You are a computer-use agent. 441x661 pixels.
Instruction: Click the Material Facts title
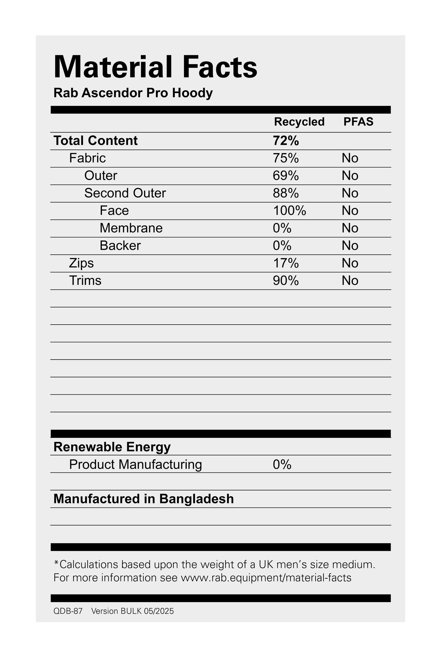pyautogui.click(x=155, y=67)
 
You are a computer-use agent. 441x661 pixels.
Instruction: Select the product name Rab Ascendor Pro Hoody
pyautogui.click(x=133, y=93)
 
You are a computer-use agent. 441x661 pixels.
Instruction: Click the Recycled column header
pyautogui.click(x=299, y=122)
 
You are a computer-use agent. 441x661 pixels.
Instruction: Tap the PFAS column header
pyautogui.click(x=358, y=122)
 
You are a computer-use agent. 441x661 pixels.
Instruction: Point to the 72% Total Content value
pyautogui.click(x=286, y=141)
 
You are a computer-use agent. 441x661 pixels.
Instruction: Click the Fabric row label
pyautogui.click(x=87, y=158)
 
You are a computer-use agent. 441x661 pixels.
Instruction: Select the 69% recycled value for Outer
pyautogui.click(x=286, y=176)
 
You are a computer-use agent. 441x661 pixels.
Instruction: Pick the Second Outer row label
pyautogui.click(x=125, y=193)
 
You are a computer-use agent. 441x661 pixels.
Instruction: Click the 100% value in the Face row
pyautogui.click(x=289, y=211)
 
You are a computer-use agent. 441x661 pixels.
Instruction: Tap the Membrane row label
pyautogui.click(x=131, y=228)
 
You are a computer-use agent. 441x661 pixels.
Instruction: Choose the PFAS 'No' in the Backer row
pyautogui.click(x=350, y=246)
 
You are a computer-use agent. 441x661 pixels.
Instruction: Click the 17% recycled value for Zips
pyautogui.click(x=286, y=263)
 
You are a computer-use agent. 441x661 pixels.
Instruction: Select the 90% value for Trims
pyautogui.click(x=286, y=281)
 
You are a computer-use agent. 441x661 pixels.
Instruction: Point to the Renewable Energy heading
pyautogui.click(x=112, y=447)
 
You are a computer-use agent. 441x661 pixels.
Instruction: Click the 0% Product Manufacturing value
pyautogui.click(x=282, y=465)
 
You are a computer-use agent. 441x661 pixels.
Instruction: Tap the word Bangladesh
pyautogui.click(x=196, y=499)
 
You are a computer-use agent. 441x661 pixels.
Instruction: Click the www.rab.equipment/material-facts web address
pyautogui.click(x=266, y=578)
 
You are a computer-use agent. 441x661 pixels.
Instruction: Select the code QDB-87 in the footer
pyautogui.click(x=68, y=611)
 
